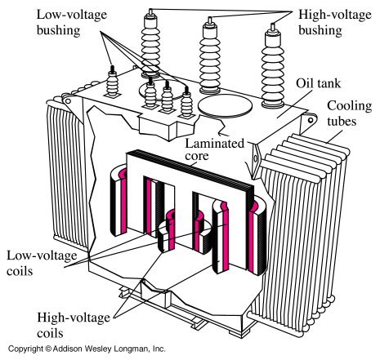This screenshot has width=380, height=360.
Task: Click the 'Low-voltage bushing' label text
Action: coord(72,22)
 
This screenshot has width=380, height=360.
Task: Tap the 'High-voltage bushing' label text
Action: coord(335,22)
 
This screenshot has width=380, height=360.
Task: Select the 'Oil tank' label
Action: coord(318,83)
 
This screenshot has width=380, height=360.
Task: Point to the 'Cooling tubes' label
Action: coord(350,113)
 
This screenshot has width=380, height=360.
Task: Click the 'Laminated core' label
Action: coord(214,149)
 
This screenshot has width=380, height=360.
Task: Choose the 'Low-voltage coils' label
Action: coord(42,263)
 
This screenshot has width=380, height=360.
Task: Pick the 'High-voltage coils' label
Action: coord(74,325)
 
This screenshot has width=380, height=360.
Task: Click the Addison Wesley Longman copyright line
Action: coord(87,349)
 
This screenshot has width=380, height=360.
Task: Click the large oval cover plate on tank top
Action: coord(225,106)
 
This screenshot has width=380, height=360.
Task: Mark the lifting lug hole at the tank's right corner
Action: coord(311,120)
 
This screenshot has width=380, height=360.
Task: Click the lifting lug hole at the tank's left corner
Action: coord(68,101)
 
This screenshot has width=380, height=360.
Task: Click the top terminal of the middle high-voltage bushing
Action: coord(210,20)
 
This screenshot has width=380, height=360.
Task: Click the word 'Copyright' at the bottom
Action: coord(25,349)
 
